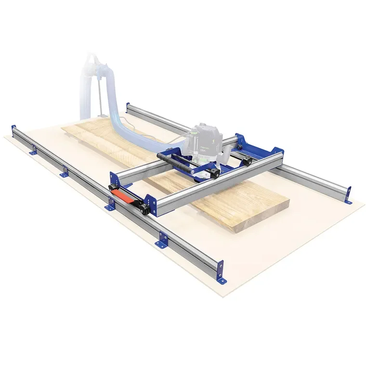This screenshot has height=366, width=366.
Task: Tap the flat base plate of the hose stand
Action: coord(101,116)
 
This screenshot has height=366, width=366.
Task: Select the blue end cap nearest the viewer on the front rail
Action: coord(220,272)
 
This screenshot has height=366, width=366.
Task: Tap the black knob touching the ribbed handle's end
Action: coord(192,170)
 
